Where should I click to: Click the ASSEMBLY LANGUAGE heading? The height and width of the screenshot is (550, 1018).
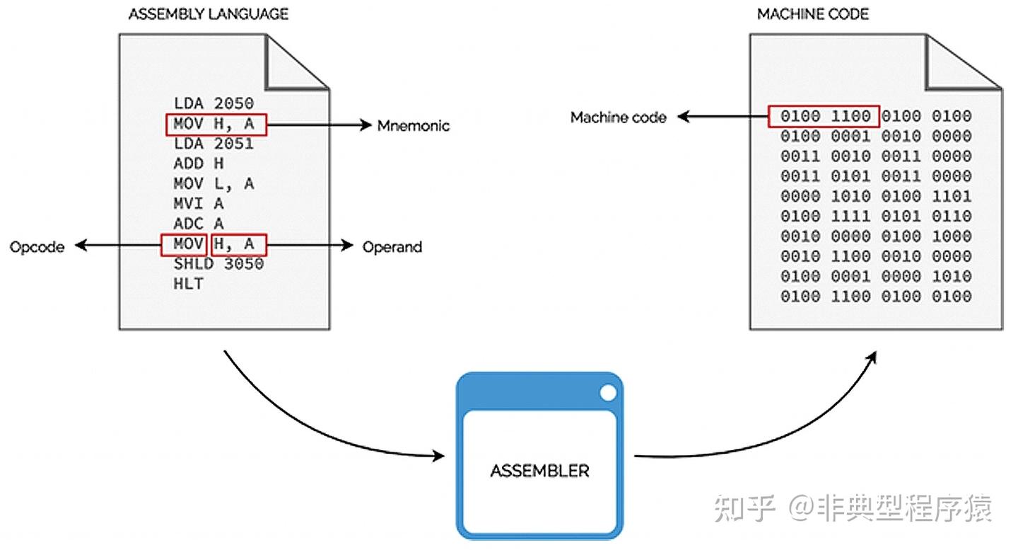208,14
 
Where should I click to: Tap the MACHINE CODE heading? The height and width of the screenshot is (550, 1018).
812,14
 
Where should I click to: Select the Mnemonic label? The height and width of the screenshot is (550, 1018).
413,126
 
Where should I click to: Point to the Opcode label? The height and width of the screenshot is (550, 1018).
37,247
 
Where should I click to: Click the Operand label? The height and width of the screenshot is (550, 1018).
392,247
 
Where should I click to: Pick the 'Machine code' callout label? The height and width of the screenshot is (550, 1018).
618,118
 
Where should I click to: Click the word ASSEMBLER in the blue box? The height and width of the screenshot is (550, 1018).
539,471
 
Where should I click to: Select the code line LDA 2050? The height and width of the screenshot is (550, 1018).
213,104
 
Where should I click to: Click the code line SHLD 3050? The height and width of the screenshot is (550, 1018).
218,265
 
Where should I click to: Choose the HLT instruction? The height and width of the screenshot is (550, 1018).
188,285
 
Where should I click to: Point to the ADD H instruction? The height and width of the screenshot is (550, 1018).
199,164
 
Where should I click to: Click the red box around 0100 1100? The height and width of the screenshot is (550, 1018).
824,116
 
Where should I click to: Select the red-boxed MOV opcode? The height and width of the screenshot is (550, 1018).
184,245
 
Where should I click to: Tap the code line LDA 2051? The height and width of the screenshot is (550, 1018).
213,144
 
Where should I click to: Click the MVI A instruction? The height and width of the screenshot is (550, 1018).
199,205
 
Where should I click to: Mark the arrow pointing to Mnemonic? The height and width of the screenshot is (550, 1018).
318,125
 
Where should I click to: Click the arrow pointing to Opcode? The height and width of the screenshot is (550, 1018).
117,246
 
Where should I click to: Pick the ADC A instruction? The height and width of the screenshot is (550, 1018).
199,224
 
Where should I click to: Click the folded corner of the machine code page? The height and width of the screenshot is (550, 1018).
958,64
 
